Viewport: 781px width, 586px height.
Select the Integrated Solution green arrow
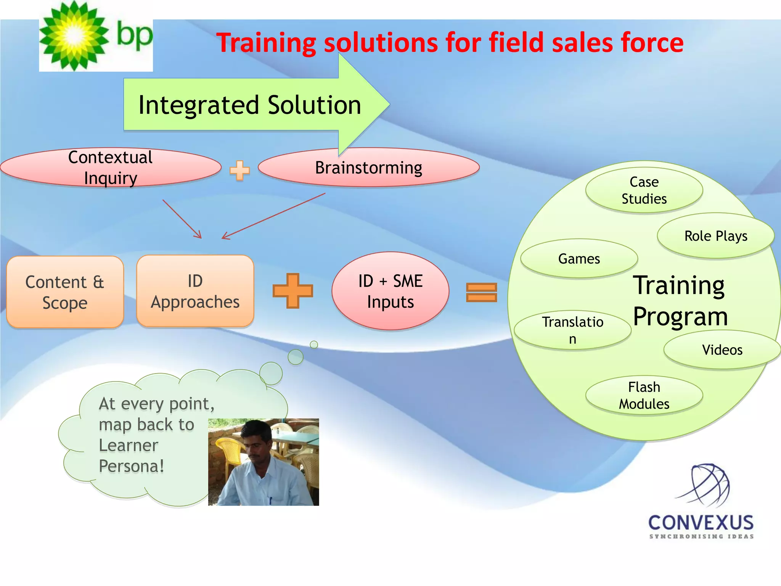[250, 105]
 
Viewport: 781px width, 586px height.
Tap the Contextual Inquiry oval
[111, 168]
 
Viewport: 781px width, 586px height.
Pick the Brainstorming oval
[368, 168]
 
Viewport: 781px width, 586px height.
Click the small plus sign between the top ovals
[239, 170]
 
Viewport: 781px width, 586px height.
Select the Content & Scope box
[65, 292]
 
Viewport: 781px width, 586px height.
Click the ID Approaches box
[195, 291]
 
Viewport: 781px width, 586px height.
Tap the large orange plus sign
[292, 291]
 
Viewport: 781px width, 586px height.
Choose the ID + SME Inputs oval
[390, 291]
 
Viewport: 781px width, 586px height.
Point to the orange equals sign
[481, 292]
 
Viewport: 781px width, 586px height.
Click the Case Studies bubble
[644, 190]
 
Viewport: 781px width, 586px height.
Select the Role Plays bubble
[715, 236]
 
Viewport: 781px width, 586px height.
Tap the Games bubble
[579, 259]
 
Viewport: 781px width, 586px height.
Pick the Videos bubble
[722, 350]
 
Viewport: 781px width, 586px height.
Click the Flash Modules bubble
[644, 395]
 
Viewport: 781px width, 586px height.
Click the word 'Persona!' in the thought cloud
[132, 466]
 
